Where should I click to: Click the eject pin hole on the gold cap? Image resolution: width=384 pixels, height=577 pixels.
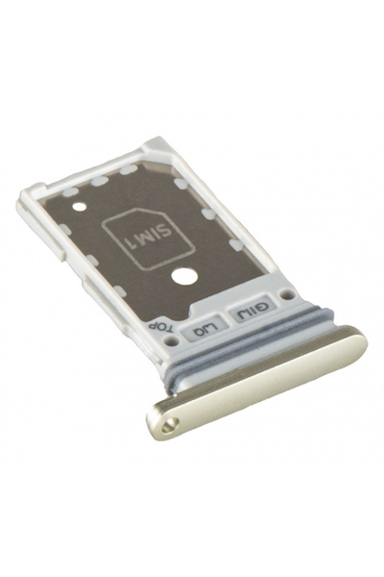click(170, 421)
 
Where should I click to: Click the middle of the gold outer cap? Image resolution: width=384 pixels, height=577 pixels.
click(254, 385)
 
